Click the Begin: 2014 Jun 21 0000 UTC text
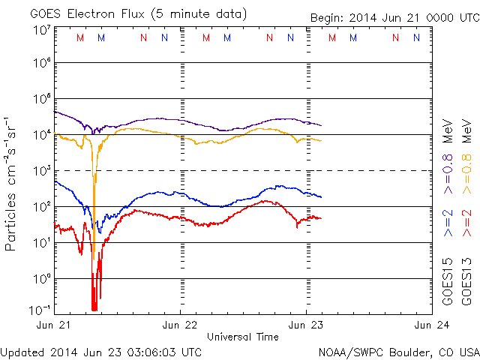(393, 18)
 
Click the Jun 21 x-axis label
(54, 325)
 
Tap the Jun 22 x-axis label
(181, 325)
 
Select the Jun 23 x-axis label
(306, 325)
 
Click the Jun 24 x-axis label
(430, 325)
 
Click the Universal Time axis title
(242, 337)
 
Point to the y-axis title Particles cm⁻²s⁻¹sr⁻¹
(13, 183)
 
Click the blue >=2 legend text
(448, 224)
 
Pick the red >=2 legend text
(466, 224)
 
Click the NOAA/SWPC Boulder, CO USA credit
(398, 352)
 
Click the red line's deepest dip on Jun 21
(94, 307)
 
